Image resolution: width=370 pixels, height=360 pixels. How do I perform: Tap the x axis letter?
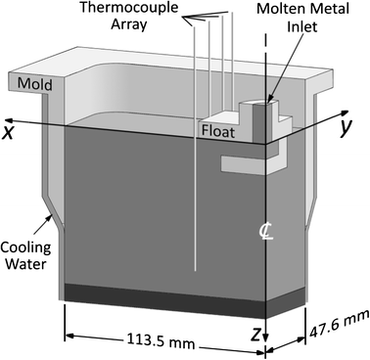tap(9, 130)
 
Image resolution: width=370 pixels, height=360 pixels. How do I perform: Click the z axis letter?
tap(257, 335)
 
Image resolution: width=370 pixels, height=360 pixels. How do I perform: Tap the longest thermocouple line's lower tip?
tap(196, 270)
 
